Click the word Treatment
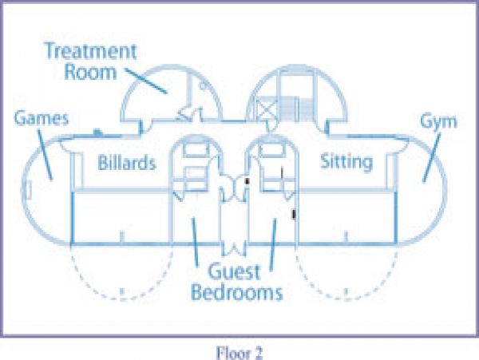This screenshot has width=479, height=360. pos(90,50)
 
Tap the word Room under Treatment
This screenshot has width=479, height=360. pos(90,72)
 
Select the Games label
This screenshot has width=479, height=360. pos(42,118)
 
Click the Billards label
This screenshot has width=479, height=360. pos(127,163)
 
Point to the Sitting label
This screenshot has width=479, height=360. pos(346,162)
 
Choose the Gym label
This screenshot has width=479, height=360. pos(438,122)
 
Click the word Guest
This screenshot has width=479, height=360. pos(234,271)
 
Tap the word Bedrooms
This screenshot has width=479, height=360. pos(237,292)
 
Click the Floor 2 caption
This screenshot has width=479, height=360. pos(239,353)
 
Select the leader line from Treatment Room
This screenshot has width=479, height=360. pos(147,81)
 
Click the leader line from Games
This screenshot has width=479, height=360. pos(45,155)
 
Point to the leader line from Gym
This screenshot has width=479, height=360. pos(432,158)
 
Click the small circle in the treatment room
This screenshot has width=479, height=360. pos(203,85)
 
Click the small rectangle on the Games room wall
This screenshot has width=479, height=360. pos(29,190)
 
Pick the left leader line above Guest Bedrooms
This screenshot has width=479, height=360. pos(195,241)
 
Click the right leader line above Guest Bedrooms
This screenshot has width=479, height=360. pos(273,244)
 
